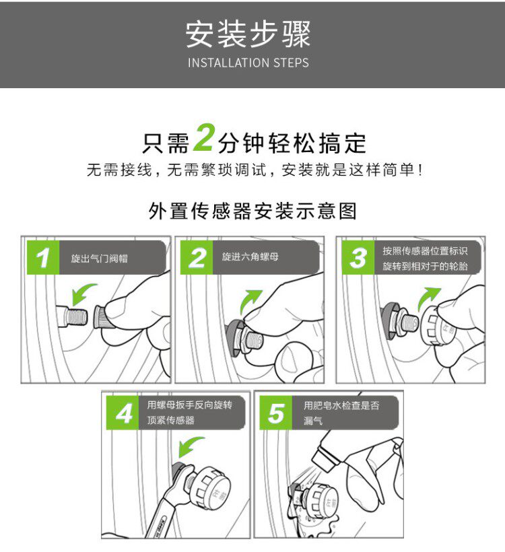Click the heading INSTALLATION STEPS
(248, 63)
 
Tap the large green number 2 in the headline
(204, 137)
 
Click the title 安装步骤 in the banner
(248, 34)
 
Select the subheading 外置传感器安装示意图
(252, 211)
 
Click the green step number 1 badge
(43, 258)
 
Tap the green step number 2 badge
(197, 258)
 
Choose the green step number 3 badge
(358, 258)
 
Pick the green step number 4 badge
(123, 413)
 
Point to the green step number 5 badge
(276, 413)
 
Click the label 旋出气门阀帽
(99, 258)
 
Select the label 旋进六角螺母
(250, 256)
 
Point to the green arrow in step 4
(189, 446)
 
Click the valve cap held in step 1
(105, 317)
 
